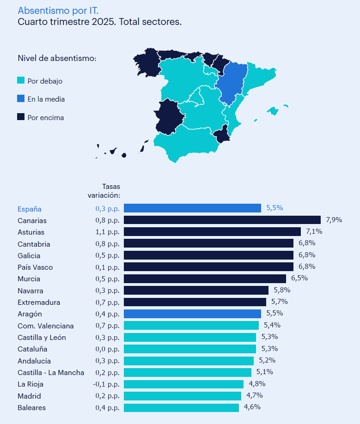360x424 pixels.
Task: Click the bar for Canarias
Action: coord(222,220)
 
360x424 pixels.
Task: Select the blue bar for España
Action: coord(192,208)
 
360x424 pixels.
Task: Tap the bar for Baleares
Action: coord(181,407)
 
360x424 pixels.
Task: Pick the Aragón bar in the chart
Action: coord(192,314)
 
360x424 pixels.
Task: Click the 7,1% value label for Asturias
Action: coord(313,231)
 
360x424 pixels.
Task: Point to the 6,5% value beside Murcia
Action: coord(299,278)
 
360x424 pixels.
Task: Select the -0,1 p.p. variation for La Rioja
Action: coord(106,384)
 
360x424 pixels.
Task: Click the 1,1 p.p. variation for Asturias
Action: coord(107,232)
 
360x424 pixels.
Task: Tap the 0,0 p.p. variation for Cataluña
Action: coord(107,349)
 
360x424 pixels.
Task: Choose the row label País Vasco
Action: coord(35,267)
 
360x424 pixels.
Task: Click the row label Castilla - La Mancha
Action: coord(51,373)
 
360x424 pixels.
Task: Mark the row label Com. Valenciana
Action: coord(45,326)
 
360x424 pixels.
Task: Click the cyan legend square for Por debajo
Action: coord(21,80)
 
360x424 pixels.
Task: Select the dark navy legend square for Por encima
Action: coord(21,117)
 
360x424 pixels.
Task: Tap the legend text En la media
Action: coord(46,99)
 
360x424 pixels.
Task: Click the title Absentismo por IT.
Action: coord(58,10)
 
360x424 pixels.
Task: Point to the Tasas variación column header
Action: coord(104,191)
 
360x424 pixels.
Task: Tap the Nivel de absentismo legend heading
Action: coord(57,58)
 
